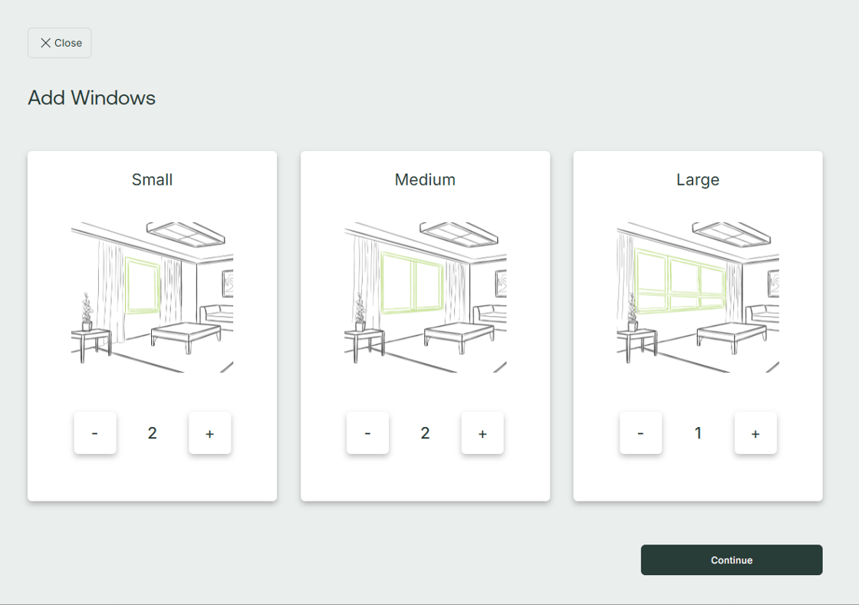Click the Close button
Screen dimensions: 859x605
pos(60,43)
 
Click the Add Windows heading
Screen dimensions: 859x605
pos(91,98)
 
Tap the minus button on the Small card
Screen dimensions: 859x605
pos(95,433)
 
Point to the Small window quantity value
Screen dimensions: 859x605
pos(153,433)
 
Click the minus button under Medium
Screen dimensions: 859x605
pos(367,433)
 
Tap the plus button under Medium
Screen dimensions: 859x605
pos(482,433)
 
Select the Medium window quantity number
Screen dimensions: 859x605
pos(425,433)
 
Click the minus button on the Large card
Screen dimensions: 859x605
pos(641,433)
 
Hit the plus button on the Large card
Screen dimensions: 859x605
pos(755,433)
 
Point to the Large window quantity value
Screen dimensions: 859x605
pos(698,433)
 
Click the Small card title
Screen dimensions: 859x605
pos(153,179)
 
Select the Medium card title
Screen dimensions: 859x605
pos(425,179)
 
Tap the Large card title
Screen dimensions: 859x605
pos(698,180)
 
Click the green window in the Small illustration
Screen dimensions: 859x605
pos(127,284)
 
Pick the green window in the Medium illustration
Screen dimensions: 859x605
pos(382,282)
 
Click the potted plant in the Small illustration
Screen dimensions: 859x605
pos(87,313)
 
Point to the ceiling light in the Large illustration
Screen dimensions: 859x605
pos(732,235)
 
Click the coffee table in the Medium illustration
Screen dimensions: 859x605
pos(459,335)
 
